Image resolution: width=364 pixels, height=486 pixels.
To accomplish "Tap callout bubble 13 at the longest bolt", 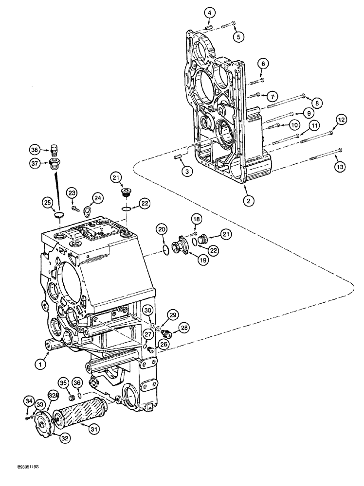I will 341,167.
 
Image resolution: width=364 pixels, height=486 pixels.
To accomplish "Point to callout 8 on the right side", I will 316,103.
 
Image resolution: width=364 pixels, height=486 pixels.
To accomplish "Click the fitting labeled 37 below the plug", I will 55,164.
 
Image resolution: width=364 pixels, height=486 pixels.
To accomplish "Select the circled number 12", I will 341,119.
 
